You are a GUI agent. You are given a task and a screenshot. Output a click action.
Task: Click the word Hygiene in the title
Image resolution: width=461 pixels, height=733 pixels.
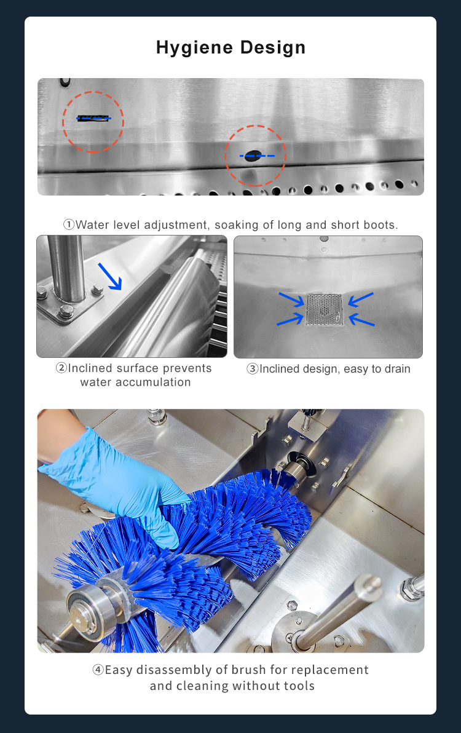click(x=194, y=48)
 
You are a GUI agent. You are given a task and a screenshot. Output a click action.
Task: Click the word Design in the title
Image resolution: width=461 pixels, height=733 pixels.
click(x=273, y=48)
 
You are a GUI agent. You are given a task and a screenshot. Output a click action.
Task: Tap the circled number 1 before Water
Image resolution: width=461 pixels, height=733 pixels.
click(x=69, y=225)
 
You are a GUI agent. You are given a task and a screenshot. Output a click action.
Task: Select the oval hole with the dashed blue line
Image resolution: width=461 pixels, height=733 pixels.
click(x=253, y=156)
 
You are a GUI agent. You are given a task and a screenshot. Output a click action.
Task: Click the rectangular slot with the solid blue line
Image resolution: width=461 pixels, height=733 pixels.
click(x=93, y=118)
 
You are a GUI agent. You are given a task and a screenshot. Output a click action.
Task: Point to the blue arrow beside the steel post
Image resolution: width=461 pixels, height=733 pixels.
click(x=110, y=276)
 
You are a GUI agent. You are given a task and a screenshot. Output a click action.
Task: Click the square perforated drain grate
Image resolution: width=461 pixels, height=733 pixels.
click(x=324, y=309)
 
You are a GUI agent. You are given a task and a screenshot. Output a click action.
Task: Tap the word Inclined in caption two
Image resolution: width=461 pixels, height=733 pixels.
click(x=90, y=368)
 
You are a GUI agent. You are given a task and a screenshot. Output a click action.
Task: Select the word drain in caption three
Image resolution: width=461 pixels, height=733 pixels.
click(x=397, y=369)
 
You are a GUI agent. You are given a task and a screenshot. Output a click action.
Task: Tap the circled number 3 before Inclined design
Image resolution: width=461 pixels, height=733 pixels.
click(x=253, y=369)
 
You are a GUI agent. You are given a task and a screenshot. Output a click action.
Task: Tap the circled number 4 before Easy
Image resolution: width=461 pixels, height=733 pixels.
click(x=98, y=670)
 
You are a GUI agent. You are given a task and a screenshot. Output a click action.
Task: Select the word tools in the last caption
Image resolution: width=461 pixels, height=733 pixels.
click(x=299, y=686)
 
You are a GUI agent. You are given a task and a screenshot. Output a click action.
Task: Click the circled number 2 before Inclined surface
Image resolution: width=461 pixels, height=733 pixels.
click(x=61, y=368)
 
